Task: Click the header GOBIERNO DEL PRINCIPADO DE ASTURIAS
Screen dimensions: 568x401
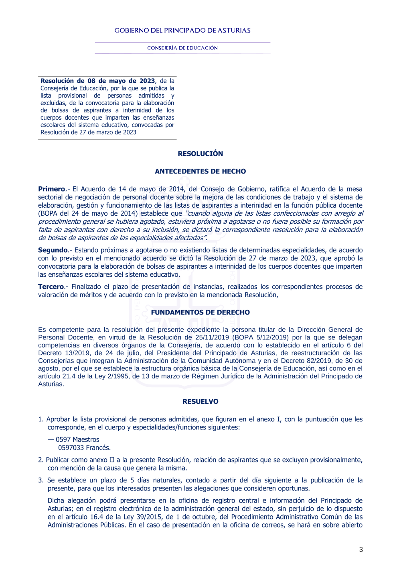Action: click(182, 31)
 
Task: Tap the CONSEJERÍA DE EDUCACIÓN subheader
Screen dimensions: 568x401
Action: click(182, 48)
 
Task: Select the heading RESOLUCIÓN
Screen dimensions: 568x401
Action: click(200, 153)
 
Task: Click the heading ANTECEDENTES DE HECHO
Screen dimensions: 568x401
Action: click(200, 171)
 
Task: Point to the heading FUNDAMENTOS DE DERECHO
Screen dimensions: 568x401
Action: click(200, 312)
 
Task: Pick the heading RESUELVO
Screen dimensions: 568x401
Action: click(200, 401)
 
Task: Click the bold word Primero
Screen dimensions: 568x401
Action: click(51, 189)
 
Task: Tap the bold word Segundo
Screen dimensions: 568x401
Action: click(53, 250)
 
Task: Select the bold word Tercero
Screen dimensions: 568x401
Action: click(51, 286)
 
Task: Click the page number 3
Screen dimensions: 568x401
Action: click(361, 550)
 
